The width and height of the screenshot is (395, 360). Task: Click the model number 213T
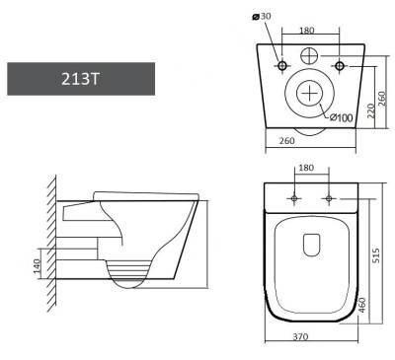click(x=80, y=79)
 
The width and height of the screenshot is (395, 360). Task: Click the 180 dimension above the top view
click(x=306, y=169)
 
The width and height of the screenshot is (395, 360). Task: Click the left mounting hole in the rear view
click(x=281, y=66)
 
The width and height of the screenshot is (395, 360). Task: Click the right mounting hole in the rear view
click(x=340, y=66)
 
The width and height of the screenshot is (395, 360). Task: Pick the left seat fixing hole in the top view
click(x=292, y=197)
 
